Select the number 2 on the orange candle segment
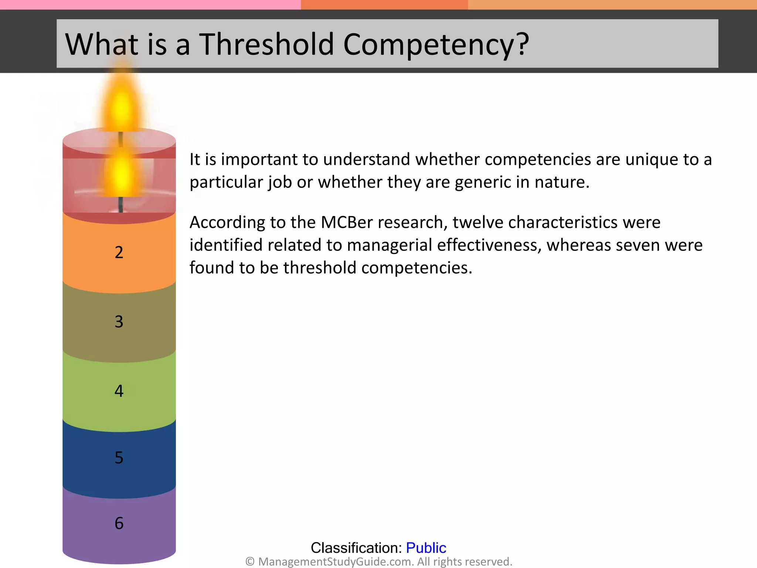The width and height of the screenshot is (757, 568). pyautogui.click(x=119, y=253)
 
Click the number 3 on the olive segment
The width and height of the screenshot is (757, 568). pyautogui.click(x=119, y=322)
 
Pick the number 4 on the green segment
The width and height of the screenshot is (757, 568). pyautogui.click(x=119, y=391)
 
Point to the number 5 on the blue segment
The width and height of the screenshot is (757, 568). pyautogui.click(x=119, y=458)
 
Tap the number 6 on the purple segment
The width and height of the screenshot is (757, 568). pyautogui.click(x=119, y=523)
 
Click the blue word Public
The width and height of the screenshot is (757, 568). pyautogui.click(x=426, y=548)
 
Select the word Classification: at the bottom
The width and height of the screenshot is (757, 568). pyautogui.click(x=356, y=548)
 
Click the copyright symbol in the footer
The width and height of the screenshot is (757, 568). pyautogui.click(x=250, y=562)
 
